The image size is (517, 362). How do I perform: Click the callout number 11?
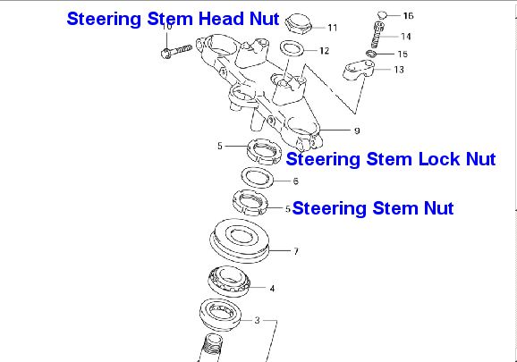click(333, 28)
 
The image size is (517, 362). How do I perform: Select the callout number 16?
click(408, 15)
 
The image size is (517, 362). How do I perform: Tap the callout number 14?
click(406, 37)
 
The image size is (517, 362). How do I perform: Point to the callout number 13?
click(399, 70)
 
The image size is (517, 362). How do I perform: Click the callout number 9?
click(357, 130)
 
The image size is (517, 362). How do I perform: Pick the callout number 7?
click(296, 251)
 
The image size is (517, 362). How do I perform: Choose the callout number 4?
click(272, 289)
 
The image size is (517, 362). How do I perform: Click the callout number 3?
click(258, 320)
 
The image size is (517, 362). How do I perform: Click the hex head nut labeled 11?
click(298, 22)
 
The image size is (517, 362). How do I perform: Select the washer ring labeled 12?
click(292, 50)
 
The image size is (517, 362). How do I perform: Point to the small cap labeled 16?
click(382, 14)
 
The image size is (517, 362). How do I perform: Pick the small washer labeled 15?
click(371, 54)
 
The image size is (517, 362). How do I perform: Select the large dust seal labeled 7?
click(240, 240)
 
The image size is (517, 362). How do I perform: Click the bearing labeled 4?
click(230, 282)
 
